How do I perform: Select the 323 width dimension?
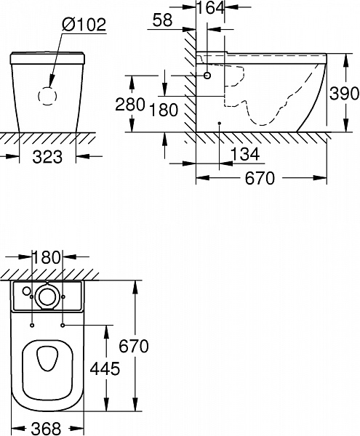(x=47, y=156)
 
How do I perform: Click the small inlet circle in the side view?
(x=208, y=75)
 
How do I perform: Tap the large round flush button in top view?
(x=49, y=296)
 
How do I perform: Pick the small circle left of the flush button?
(x=27, y=291)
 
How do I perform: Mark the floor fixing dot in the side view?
(x=219, y=123)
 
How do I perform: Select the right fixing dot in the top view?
(x=64, y=325)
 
